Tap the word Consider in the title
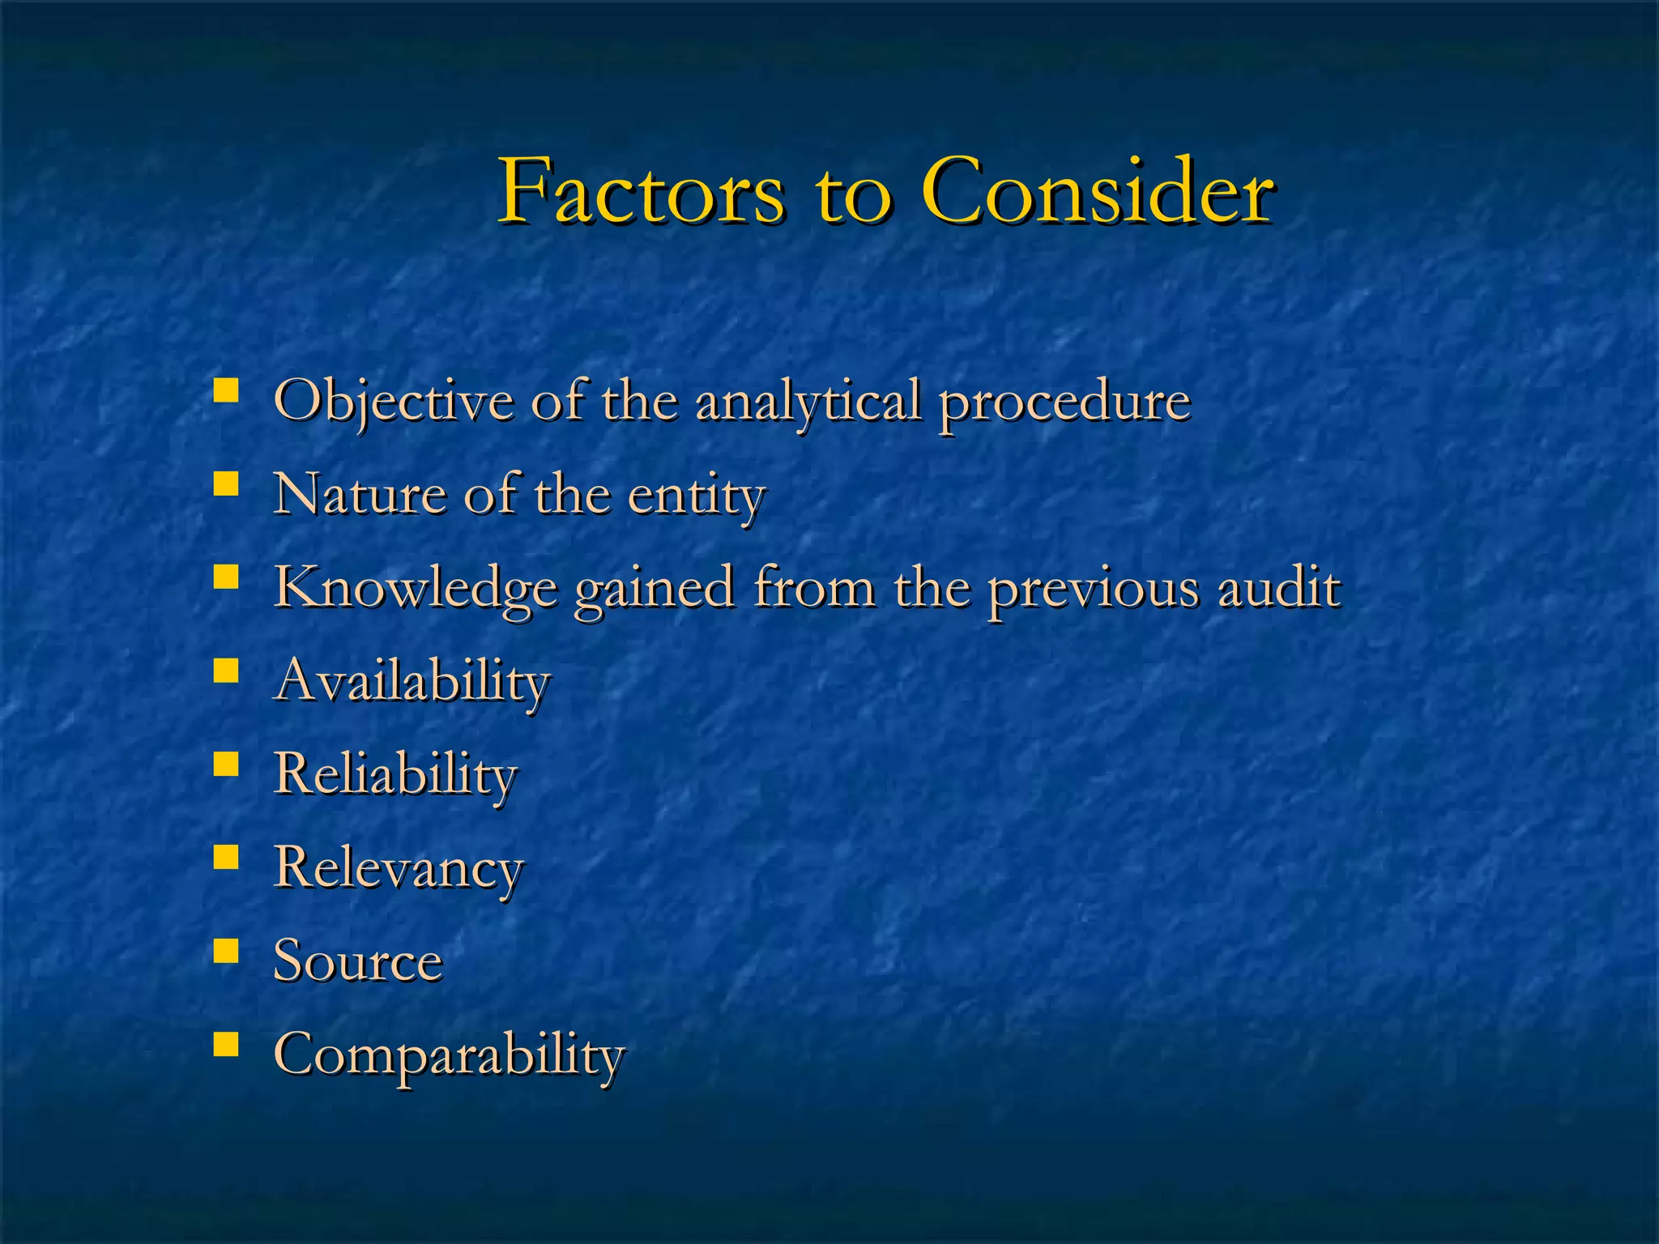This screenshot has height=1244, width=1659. tap(1098, 193)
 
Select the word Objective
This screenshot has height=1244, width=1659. tap(394, 401)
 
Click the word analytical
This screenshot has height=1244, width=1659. tap(808, 401)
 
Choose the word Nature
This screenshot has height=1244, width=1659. tap(360, 494)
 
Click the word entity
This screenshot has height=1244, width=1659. tap(697, 496)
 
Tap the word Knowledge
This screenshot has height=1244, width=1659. tap(415, 588)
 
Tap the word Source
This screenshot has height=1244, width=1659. tap(358, 961)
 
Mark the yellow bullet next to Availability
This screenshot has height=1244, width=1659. tap(226, 670)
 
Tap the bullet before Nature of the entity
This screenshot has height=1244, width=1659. tap(226, 484)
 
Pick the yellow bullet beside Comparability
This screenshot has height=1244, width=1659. tap(226, 1043)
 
